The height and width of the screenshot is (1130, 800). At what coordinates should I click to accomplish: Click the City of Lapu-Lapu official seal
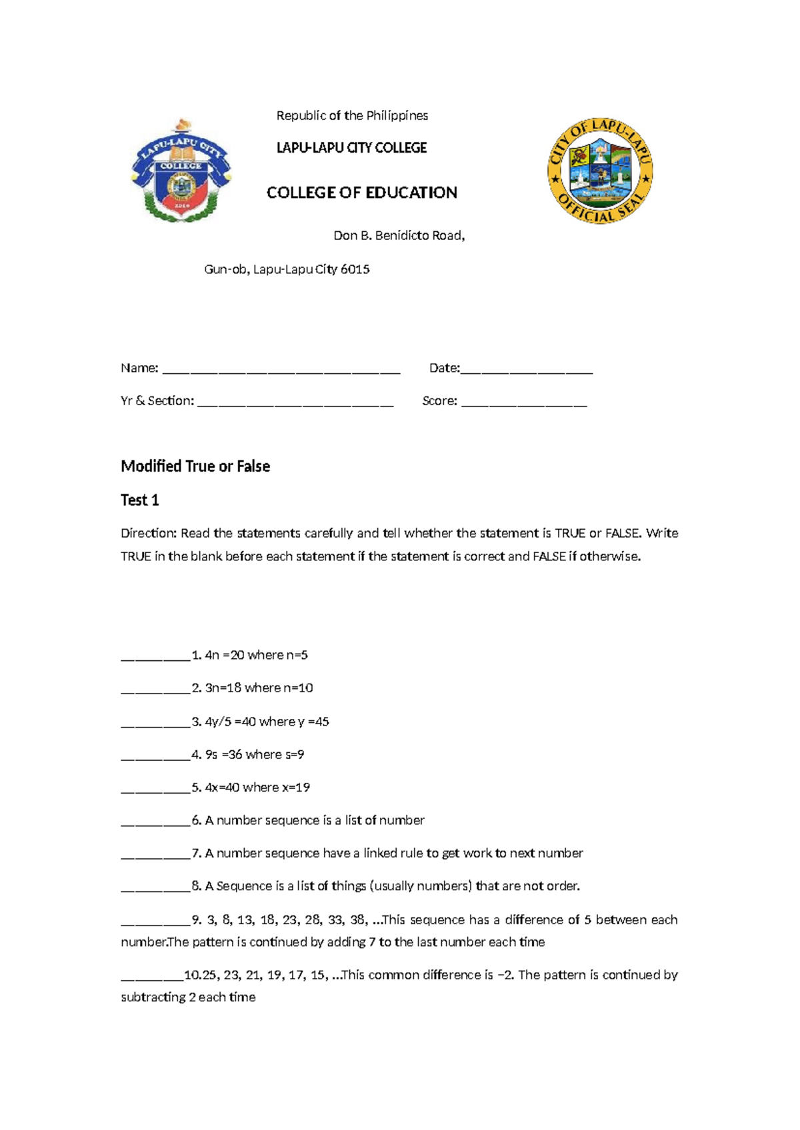(599, 172)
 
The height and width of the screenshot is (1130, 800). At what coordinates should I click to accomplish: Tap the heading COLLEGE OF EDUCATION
(361, 193)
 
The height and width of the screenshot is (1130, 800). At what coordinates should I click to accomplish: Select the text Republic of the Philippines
(352, 116)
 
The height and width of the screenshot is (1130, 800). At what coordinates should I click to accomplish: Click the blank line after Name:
(281, 372)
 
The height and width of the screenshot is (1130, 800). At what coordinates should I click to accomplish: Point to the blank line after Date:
(526, 372)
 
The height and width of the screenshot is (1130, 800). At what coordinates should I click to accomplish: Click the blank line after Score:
(523, 404)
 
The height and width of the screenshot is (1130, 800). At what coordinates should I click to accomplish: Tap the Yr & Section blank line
(295, 404)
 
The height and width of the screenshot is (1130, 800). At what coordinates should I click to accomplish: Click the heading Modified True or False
(195, 466)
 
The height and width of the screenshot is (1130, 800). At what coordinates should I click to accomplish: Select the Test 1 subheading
(139, 500)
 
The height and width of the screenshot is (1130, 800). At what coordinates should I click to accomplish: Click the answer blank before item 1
(155, 658)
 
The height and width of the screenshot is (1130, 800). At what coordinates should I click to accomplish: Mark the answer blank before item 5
(155, 791)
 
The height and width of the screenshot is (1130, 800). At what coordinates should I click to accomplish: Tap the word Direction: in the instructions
(149, 534)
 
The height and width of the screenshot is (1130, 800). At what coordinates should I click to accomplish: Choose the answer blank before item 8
(155, 889)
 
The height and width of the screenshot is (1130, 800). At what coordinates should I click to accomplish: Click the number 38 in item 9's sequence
(358, 920)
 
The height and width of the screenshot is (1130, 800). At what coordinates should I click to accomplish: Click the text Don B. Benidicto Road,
(399, 236)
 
